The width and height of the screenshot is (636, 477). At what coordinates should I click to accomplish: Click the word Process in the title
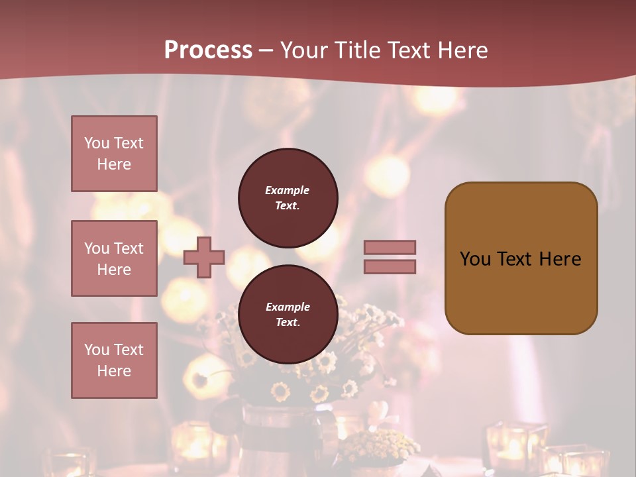[x=208, y=50]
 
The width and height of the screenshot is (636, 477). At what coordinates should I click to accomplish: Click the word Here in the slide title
[x=460, y=50]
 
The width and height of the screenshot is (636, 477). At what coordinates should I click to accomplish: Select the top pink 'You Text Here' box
[x=114, y=154]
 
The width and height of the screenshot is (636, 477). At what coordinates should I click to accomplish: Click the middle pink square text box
[x=114, y=258]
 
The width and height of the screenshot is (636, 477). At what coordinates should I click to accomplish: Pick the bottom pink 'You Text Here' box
[x=114, y=360]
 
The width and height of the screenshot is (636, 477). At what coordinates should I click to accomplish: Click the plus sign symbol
[x=204, y=257]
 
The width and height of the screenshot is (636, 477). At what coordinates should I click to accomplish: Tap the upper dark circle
[x=288, y=197]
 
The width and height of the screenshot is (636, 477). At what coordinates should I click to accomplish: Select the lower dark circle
[x=288, y=314]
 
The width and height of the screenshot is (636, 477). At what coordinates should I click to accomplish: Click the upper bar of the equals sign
[x=390, y=247]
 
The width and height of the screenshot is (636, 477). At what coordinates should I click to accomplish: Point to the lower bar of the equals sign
[x=390, y=266]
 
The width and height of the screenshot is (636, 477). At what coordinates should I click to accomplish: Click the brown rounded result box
[x=521, y=258]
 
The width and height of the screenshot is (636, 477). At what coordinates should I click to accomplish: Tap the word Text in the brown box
[x=513, y=259]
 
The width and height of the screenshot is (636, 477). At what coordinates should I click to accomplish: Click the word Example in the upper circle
[x=288, y=190]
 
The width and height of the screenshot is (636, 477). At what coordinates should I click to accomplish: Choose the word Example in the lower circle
[x=288, y=307]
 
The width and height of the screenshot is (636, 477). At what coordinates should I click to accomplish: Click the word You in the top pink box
[x=97, y=143]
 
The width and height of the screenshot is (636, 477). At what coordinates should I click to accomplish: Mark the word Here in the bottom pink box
[x=114, y=371]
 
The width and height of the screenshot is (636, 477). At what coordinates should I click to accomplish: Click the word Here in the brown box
[x=560, y=259]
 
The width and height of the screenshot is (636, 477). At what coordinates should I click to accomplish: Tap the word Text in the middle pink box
[x=128, y=248]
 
